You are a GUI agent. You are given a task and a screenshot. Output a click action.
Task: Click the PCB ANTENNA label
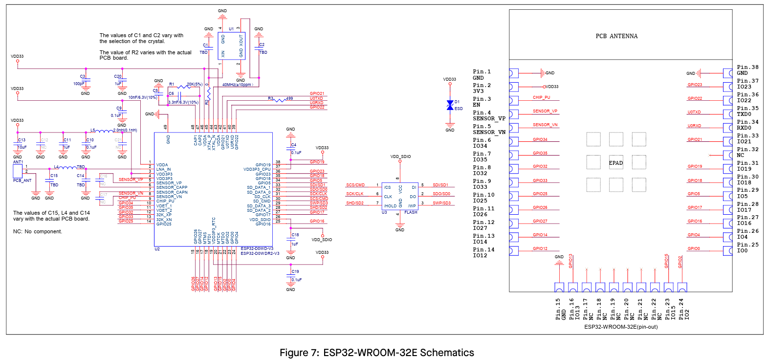click(616, 36)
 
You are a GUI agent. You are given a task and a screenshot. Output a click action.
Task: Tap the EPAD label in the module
click(616, 163)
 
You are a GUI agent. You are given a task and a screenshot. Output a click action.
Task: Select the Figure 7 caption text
click(376, 353)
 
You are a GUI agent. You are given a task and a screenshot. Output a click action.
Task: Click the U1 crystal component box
click(231, 46)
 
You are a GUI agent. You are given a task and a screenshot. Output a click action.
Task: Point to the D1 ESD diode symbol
click(450, 105)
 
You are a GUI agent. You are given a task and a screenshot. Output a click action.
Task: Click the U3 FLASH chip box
click(400, 196)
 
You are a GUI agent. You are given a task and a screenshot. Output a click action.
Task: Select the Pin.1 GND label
click(482, 75)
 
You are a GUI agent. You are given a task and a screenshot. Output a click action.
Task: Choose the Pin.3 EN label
click(482, 102)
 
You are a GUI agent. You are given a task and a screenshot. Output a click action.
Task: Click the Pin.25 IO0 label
click(747, 247)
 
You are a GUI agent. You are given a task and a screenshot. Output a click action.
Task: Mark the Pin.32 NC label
click(747, 152)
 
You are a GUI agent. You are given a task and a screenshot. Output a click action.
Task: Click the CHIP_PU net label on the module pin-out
click(541, 97)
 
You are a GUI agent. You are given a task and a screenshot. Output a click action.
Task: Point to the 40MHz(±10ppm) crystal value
click(238, 85)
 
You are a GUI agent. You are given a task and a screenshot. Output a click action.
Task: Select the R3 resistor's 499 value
click(289, 98)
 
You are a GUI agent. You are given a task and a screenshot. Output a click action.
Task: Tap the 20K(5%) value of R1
click(195, 84)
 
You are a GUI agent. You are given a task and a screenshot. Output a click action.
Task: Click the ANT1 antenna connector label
click(18, 162)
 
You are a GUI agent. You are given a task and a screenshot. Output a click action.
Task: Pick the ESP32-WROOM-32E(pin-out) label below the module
click(621, 327)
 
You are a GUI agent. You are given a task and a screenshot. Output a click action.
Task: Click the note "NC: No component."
click(38, 231)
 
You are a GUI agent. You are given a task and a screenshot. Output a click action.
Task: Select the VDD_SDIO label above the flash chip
click(400, 157)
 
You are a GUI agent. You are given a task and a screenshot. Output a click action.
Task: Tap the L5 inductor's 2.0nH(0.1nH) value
click(125, 130)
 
